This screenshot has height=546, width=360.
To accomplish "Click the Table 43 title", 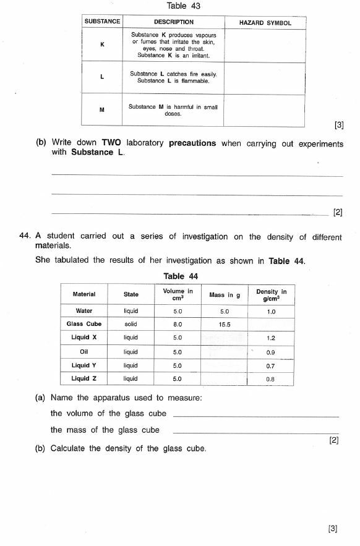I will click(184, 6).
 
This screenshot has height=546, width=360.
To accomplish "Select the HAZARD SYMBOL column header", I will click(265, 23).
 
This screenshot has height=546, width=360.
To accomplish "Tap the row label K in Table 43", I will click(102, 45).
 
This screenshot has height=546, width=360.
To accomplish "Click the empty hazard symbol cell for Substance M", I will click(265, 110).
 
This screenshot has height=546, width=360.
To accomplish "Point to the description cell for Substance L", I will click(173, 77).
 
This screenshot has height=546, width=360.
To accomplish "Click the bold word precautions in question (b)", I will click(192, 143).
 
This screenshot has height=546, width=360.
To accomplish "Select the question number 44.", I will click(25, 236).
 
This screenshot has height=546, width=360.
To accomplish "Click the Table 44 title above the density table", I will click(181, 276).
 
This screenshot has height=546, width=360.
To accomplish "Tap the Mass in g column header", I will click(224, 295).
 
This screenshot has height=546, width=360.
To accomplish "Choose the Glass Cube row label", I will click(84, 324).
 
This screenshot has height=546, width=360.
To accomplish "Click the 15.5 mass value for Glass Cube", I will click(224, 324).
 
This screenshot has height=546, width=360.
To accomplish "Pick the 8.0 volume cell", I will click(178, 324).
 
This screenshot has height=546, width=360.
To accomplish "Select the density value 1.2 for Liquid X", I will click(270, 338).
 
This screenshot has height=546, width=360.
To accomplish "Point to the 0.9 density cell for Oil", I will click(270, 352).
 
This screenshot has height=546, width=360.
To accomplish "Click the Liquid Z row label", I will click(84, 378).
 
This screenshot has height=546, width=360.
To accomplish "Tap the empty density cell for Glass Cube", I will click(270, 324).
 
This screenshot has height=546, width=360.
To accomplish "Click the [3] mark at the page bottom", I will click(333, 528).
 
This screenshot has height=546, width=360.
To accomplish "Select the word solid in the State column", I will click(131, 324).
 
